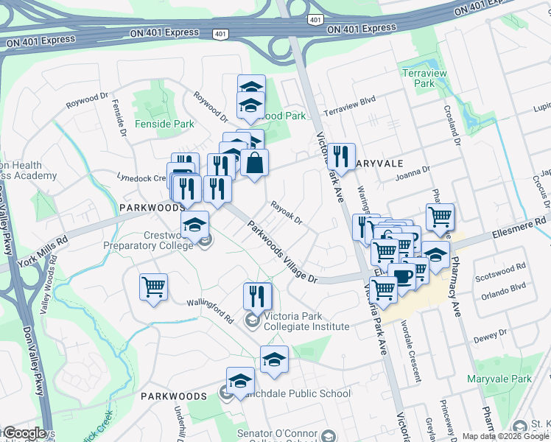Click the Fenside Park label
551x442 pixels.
[164, 124]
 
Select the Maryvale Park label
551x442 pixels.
[499, 379]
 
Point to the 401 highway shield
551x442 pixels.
[220, 34]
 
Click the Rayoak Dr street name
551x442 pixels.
[287, 212]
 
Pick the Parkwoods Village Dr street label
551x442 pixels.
[281, 252]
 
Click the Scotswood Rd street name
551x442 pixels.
[500, 269]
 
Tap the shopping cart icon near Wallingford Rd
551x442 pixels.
[153, 286]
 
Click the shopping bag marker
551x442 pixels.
[254, 163]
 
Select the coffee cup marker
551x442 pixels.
[402, 277]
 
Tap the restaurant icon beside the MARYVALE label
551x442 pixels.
[340, 155]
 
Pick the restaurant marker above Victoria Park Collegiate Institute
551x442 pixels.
[257, 295]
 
